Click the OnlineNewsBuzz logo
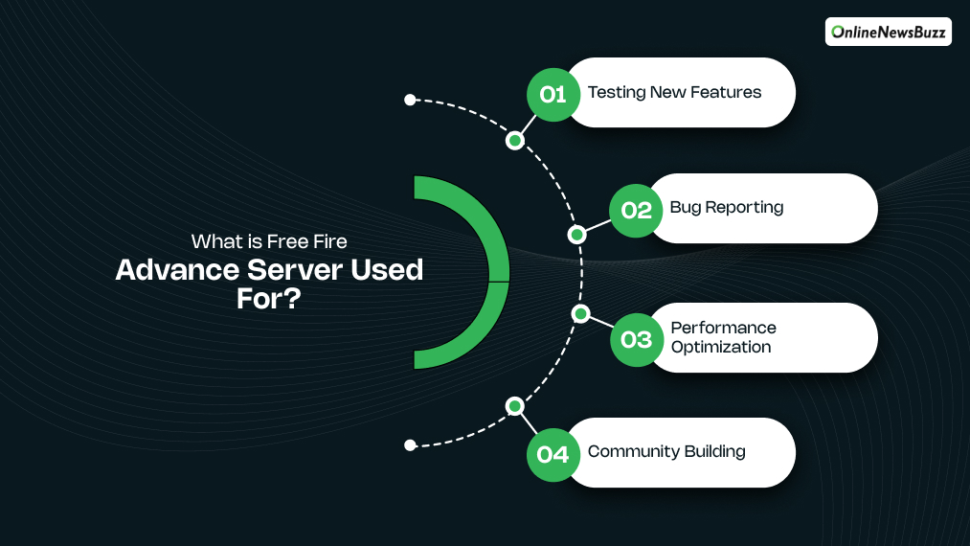point(889,32)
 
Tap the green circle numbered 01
point(553,94)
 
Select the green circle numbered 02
point(637,209)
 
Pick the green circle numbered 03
point(637,339)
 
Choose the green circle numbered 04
point(553,453)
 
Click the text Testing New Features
point(674,93)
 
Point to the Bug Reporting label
point(727,207)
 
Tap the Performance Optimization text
point(723,337)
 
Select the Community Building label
point(666,451)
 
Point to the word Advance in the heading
point(174,270)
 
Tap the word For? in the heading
point(269,298)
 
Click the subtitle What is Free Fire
point(269,241)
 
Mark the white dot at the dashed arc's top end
point(410,100)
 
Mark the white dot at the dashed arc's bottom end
point(410,444)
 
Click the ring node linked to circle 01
point(515,141)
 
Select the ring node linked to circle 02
point(576,234)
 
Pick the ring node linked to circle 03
point(578,313)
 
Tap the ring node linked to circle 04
point(515,405)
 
